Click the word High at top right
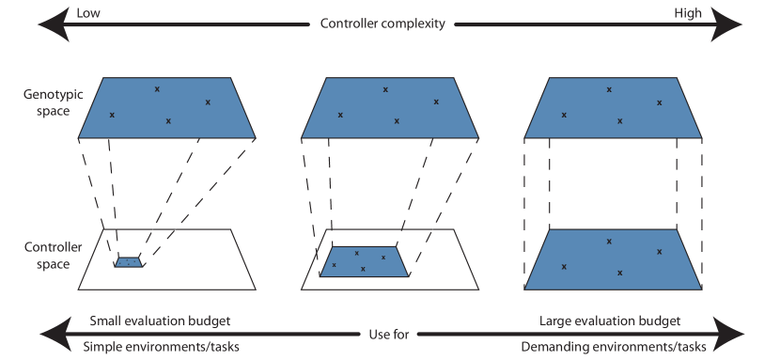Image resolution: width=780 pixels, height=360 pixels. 687,12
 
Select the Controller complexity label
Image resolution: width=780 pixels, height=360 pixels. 382,23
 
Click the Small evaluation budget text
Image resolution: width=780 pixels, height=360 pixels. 159,321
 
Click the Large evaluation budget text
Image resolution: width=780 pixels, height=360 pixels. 611,321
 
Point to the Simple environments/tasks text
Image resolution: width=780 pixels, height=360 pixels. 162,346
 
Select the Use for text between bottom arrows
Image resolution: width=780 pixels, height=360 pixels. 388,334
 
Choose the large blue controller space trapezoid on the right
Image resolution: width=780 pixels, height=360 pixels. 613,258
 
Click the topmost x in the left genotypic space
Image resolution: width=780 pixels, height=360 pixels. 157,89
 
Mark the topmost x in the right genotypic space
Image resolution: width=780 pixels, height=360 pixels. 610,89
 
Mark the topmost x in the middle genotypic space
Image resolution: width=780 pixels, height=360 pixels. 385,89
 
